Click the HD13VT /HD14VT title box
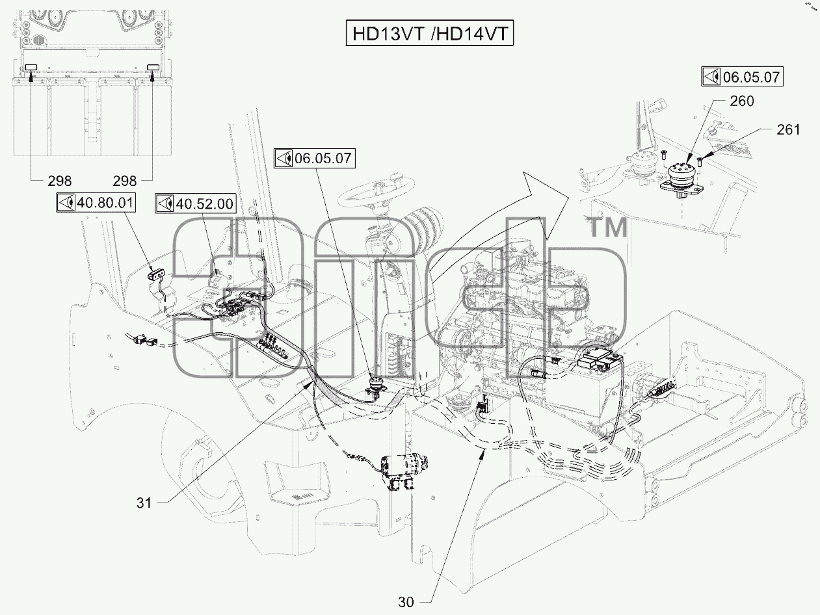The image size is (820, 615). [x=430, y=34]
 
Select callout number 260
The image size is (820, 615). [x=742, y=101]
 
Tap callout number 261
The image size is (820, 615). [x=788, y=129]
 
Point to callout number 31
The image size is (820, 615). [x=144, y=503]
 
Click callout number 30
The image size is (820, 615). [x=406, y=602]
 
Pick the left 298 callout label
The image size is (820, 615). [x=60, y=181]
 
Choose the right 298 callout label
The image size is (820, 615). [x=125, y=181]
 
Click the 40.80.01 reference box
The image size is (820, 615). [x=96, y=203]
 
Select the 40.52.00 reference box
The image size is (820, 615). [x=195, y=204]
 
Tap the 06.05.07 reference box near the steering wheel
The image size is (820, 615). [x=315, y=159]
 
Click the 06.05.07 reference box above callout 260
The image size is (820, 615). [x=743, y=77]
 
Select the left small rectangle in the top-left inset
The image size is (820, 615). [x=31, y=67]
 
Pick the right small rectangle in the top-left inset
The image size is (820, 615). [x=153, y=67]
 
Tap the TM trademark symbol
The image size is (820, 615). [x=608, y=228]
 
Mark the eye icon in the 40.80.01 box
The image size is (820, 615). [x=66, y=203]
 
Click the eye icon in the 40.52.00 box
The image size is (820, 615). [x=165, y=204]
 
